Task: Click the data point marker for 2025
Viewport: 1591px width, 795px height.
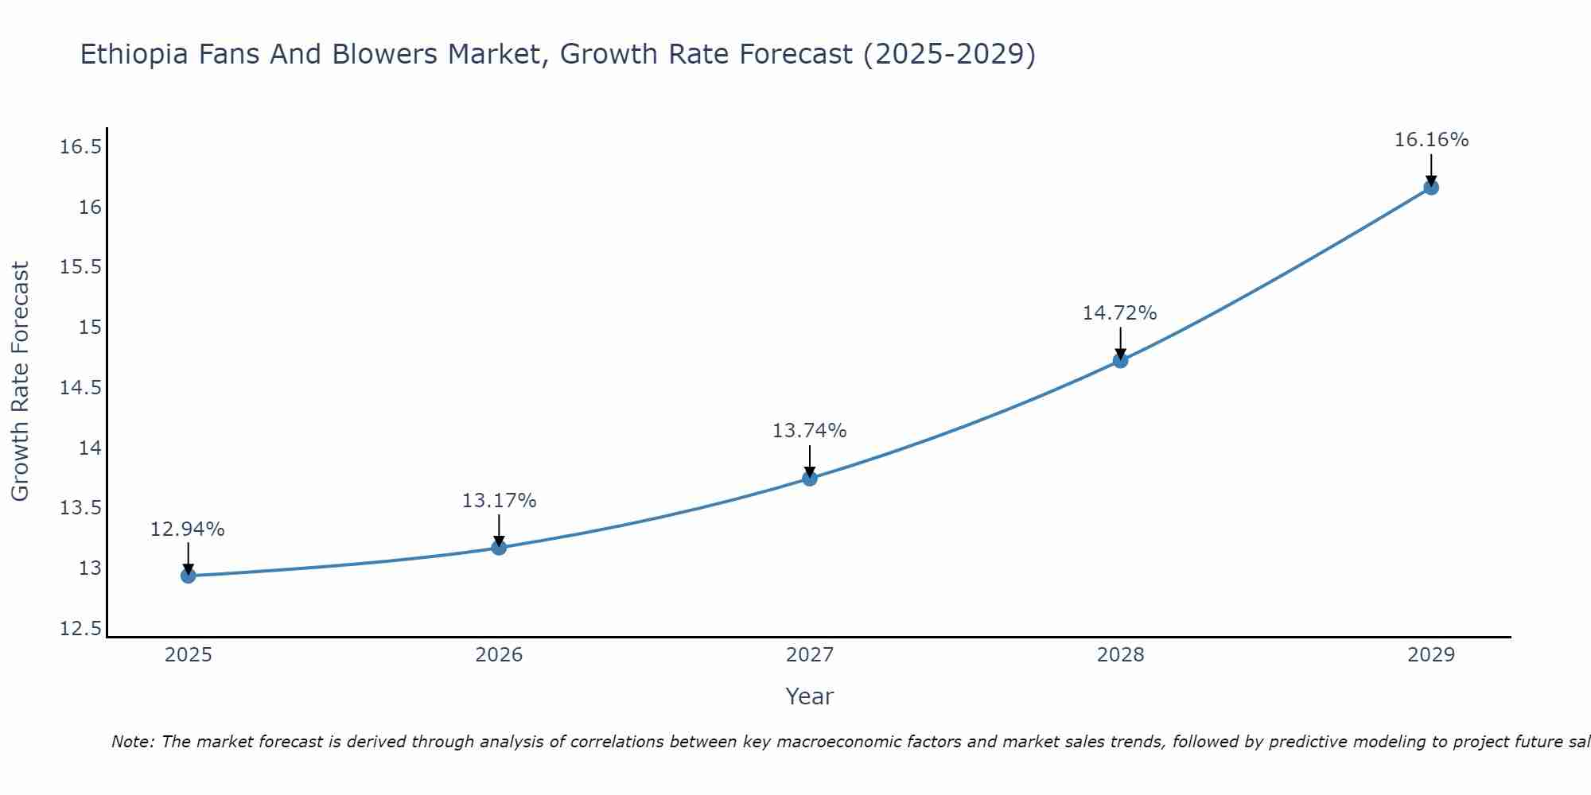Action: point(189,576)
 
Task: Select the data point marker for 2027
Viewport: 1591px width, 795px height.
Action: point(810,478)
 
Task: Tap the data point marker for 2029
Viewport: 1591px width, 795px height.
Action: point(1431,188)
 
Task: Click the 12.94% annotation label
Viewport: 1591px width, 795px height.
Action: point(188,529)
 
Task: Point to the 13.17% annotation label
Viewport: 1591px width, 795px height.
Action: point(499,501)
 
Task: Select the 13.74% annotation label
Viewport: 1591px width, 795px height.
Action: point(809,431)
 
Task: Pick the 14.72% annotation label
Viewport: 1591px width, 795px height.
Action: point(1119,313)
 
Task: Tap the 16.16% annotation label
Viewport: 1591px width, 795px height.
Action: point(1431,140)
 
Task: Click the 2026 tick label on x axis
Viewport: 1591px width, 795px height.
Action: point(499,655)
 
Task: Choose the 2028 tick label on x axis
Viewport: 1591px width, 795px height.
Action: point(1120,655)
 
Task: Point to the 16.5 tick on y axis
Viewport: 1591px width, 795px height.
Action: point(80,147)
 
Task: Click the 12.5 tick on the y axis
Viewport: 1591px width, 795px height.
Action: point(80,629)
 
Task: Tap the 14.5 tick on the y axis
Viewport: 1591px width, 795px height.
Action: point(80,388)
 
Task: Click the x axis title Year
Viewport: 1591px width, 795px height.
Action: point(809,696)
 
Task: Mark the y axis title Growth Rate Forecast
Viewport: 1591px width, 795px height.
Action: point(20,382)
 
